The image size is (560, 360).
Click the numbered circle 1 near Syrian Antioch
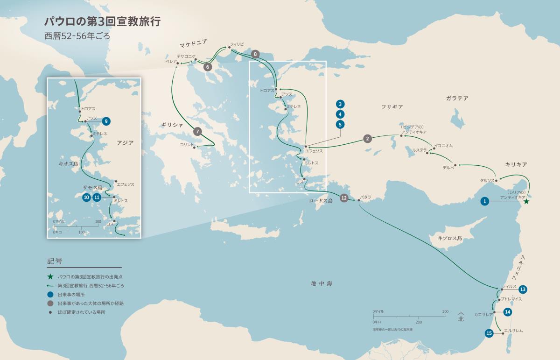point(485,201)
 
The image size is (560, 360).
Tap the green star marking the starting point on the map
point(526,202)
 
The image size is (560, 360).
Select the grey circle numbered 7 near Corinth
point(198,132)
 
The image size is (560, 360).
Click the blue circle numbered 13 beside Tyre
point(523,289)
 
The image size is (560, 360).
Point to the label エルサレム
point(513,331)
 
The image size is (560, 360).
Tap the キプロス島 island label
point(449,238)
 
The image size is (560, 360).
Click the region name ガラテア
point(457,99)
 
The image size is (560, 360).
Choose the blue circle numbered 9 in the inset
point(106,121)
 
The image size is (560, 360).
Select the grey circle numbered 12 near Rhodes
point(344,198)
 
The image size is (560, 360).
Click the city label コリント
point(187,145)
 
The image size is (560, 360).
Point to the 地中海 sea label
point(323,283)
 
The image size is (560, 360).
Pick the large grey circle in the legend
point(50,303)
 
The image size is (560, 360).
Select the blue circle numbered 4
point(341,114)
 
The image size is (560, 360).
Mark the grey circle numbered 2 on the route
point(368,138)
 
